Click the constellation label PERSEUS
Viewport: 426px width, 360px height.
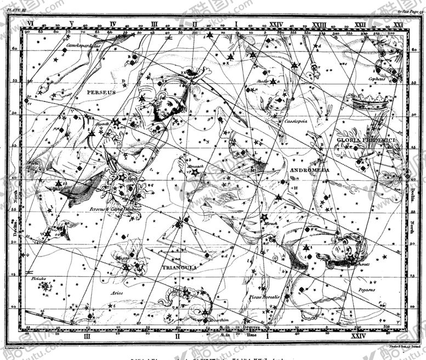tap(101, 93)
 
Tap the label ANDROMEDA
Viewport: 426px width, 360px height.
tap(309, 170)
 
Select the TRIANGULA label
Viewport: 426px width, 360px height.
tap(179, 267)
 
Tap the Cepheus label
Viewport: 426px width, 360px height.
tap(377, 79)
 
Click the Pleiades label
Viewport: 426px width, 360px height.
tap(37, 278)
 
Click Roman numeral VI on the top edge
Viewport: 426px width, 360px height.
tap(31, 24)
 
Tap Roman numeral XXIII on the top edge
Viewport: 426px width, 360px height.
tap(319, 24)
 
